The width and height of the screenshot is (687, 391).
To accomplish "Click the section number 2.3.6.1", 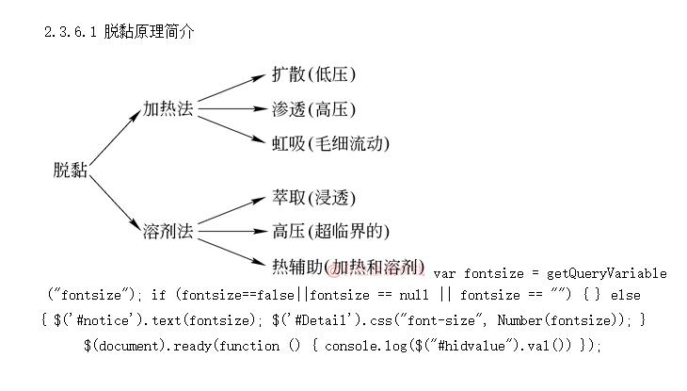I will pyautogui.click(x=71, y=32).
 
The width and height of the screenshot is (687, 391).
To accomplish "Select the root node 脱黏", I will pyautogui.click(x=72, y=170).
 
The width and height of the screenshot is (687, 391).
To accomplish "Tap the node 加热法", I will pyautogui.click(x=168, y=109).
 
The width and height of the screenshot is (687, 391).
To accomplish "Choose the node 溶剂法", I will pyautogui.click(x=168, y=230).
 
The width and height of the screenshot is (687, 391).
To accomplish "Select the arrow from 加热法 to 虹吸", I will pyautogui.click(x=231, y=128).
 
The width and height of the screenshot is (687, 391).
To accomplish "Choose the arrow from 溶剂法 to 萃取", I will pyautogui.click(x=231, y=213).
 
